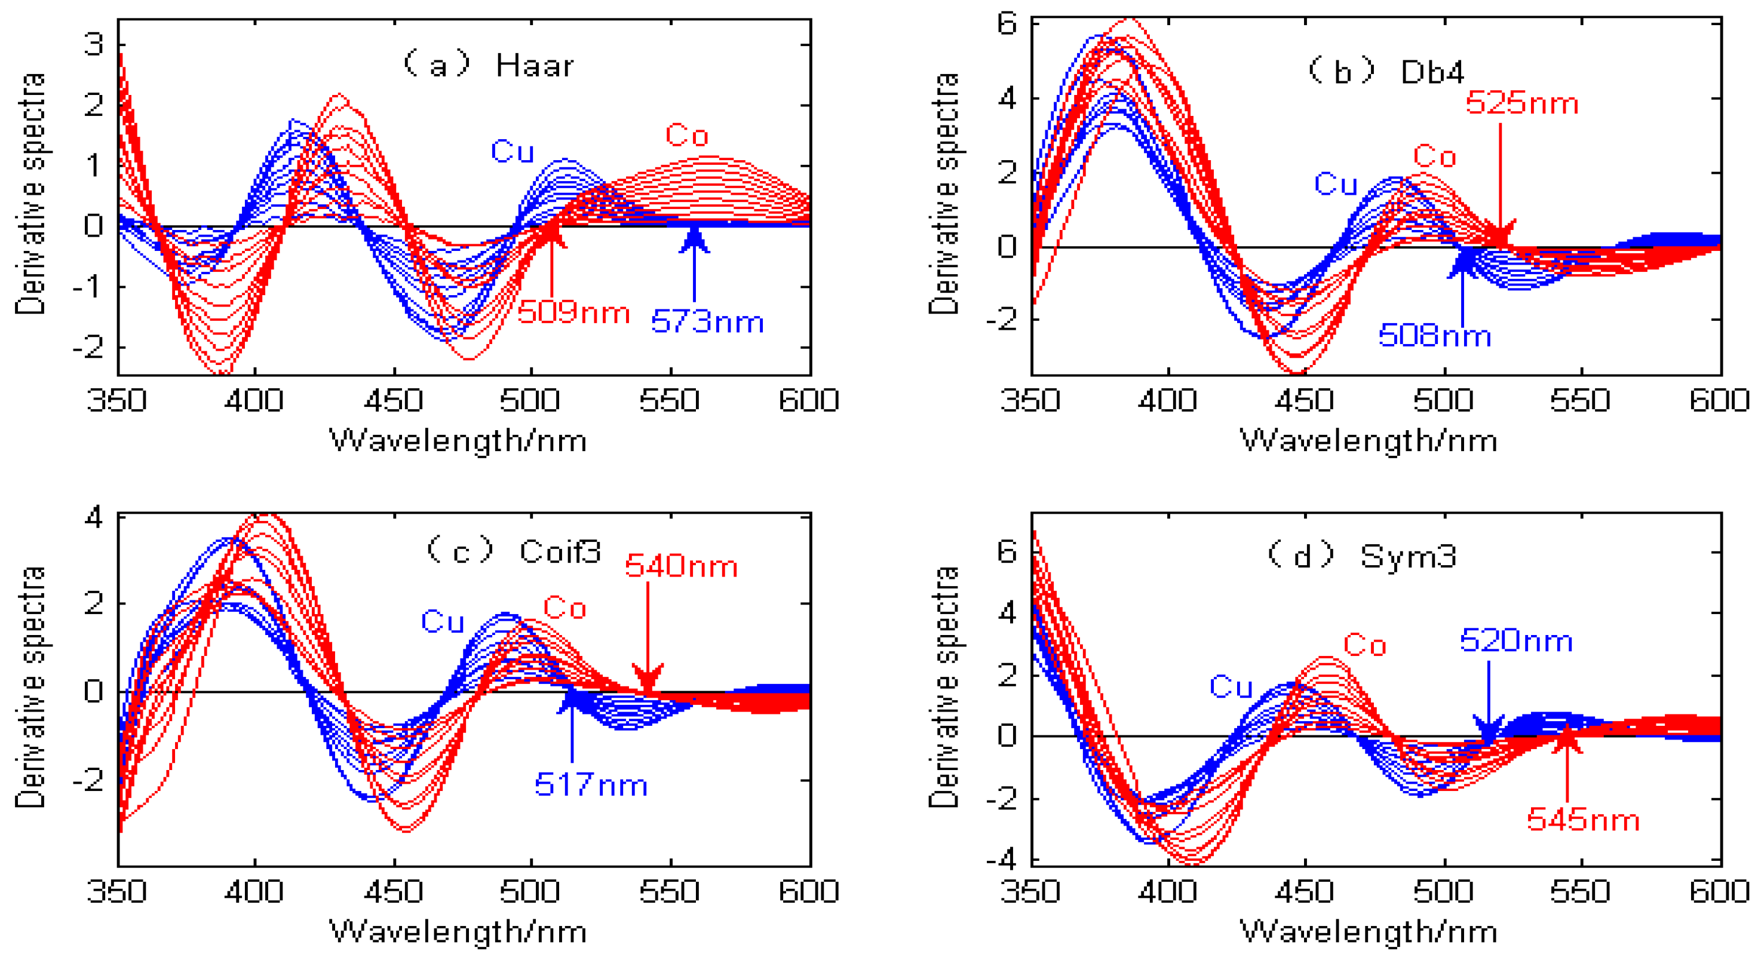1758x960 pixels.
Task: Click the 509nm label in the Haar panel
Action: click(573, 312)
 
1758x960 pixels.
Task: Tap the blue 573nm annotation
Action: click(707, 321)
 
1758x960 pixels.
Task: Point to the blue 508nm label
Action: click(1434, 336)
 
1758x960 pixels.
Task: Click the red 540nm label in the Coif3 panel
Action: click(681, 566)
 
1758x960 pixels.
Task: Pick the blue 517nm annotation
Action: click(591, 784)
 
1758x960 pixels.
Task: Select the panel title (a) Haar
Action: click(489, 66)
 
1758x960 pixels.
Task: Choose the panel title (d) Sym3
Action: click(1361, 556)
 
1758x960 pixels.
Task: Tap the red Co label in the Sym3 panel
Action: click(1365, 645)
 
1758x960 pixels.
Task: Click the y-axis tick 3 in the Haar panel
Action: click(94, 44)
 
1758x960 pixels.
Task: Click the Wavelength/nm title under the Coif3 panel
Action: click(458, 932)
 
